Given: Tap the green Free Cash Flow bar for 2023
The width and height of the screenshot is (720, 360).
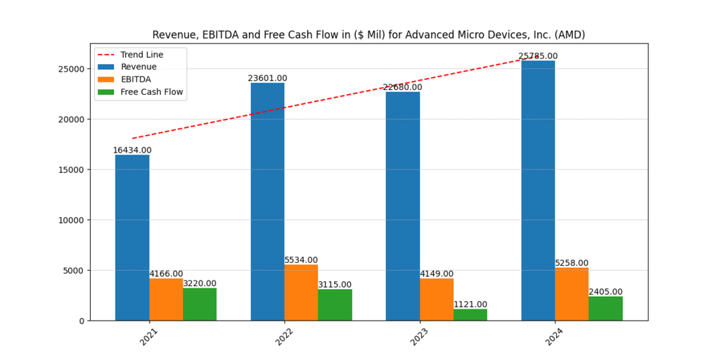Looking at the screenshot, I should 470,314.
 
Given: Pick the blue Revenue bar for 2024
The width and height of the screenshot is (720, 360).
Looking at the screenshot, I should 538,191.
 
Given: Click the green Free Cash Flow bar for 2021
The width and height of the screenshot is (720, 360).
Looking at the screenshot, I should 200,304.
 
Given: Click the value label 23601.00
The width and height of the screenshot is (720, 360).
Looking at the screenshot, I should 267,78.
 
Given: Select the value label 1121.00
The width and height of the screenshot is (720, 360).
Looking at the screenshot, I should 470,304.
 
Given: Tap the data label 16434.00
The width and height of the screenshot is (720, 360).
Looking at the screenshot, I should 132,150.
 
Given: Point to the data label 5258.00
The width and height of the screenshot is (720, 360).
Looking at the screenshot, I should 572,263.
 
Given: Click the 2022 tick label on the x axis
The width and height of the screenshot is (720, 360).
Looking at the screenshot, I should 284,336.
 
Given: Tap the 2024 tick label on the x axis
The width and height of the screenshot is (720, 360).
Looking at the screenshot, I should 555,336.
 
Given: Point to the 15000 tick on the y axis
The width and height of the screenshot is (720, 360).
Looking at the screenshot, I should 71,169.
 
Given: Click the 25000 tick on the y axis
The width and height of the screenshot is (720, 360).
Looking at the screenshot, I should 71,69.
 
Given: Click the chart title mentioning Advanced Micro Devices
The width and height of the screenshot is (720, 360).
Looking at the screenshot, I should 368,34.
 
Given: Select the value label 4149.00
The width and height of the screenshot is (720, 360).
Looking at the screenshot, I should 437,274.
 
